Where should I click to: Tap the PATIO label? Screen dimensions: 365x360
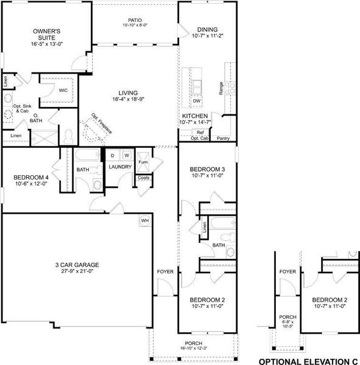[x=136, y=19]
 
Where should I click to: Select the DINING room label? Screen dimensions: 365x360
[x=208, y=29]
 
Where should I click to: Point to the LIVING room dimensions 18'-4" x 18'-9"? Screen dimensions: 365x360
[x=128, y=99]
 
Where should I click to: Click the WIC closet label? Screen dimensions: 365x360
[x=63, y=90]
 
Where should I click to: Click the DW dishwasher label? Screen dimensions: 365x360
[x=197, y=101]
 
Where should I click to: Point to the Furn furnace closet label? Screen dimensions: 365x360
[x=144, y=162]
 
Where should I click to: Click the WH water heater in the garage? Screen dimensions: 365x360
[x=145, y=220]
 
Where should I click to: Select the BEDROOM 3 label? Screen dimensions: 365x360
[x=208, y=169]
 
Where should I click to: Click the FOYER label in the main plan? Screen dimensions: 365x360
[x=166, y=272]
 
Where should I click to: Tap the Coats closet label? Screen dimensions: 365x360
[x=144, y=178]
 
